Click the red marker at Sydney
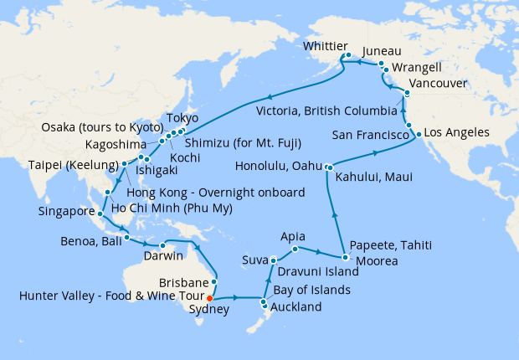[210, 297]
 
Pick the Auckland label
[298, 307]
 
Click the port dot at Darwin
[157, 244]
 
